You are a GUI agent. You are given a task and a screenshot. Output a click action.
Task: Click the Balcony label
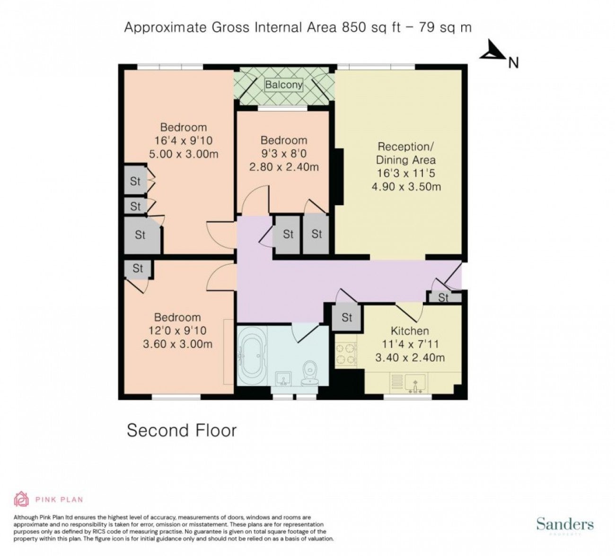pos(283,85)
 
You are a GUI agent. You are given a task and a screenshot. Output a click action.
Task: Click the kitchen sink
pos(415,383)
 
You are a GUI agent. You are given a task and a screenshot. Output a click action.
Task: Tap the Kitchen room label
pos(410,331)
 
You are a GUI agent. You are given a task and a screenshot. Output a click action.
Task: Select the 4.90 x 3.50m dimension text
pos(406,186)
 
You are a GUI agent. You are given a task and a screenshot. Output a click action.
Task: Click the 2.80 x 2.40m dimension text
pos(284,167)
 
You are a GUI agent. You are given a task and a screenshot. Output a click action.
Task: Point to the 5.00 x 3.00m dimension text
pos(184,154)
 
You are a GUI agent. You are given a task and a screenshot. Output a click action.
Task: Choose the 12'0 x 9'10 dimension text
pos(177,330)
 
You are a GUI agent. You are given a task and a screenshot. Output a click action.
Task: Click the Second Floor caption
pos(182,430)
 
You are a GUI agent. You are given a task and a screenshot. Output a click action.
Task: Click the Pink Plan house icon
pos(21,499)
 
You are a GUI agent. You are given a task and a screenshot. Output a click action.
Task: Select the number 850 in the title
pos(354,27)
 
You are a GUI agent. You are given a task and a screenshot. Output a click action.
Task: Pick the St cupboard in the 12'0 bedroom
pos(138,269)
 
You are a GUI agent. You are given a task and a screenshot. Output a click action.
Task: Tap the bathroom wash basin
pos(284,380)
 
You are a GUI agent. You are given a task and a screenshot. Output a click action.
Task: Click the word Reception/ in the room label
pos(405,147)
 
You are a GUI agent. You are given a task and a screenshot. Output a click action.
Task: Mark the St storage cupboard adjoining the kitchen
pos(347,317)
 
